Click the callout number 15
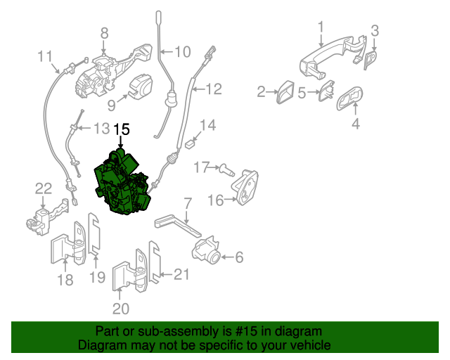122,129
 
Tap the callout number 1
320,27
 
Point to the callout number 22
43,188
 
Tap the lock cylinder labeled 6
207,249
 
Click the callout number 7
187,204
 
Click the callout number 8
104,32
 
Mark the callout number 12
213,89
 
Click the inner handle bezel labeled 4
351,101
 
